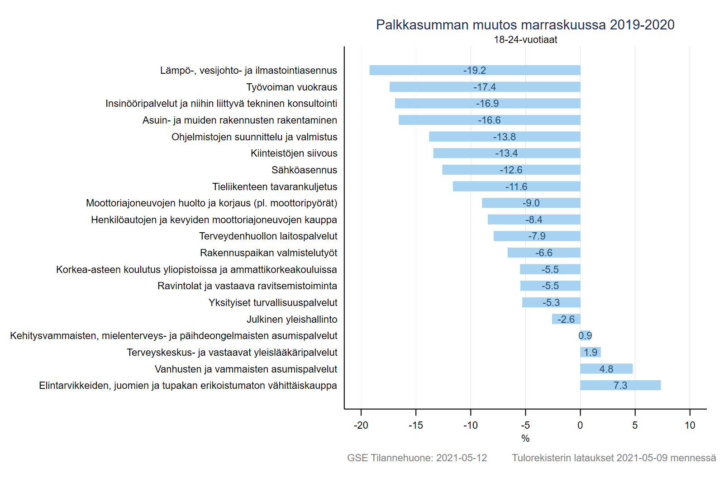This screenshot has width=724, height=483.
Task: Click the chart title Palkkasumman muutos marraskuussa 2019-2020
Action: pos(525,25)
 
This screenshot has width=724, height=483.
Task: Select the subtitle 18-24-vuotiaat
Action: pos(525,40)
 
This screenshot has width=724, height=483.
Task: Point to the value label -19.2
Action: pos(474,71)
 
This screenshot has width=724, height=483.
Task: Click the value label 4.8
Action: pos(606,369)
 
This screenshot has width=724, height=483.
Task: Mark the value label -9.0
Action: pos(531,203)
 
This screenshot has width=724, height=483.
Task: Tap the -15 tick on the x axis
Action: pos(415,426)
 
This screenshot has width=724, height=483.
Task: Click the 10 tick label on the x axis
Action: pos(690,426)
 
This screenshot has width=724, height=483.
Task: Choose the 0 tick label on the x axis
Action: pos(580,426)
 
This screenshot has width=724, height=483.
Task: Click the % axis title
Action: pos(525,438)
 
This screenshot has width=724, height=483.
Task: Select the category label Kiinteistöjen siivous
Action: pos(294,153)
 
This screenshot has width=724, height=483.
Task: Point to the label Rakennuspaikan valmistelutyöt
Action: pos(268,253)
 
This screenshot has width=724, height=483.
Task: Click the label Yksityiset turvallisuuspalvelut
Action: pos(273,303)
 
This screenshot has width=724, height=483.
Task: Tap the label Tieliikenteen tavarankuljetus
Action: pos(275,187)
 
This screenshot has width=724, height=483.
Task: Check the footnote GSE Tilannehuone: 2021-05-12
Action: pos(417,458)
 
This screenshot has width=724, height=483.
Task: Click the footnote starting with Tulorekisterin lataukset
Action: pos(614,458)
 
